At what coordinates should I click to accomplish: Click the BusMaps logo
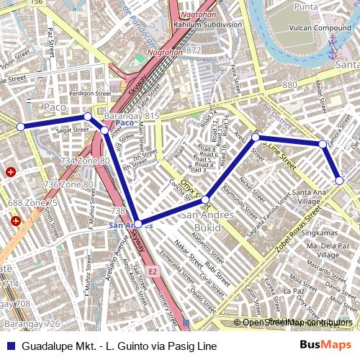pos(326,346)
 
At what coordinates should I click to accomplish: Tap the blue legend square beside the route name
pos(9,346)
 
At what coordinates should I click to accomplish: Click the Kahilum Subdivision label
pos(207,24)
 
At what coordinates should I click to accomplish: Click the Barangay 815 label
pos(132,116)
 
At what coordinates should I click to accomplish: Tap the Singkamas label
pos(319,233)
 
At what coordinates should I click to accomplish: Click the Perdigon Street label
pos(90,93)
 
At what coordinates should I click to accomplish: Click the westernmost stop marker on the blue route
pos(20,127)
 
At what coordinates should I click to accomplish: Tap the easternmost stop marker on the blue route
pos(339,181)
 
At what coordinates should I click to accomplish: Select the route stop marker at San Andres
pos(138,224)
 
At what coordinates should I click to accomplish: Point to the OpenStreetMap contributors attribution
pos(297,323)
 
